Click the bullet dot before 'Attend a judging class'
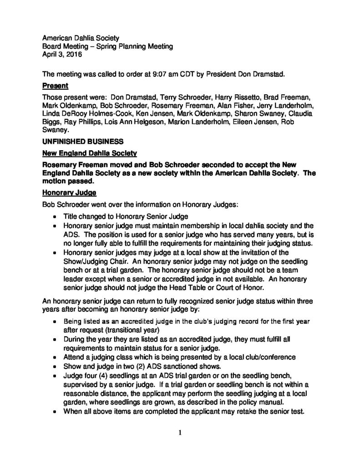click(x=55, y=357)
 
